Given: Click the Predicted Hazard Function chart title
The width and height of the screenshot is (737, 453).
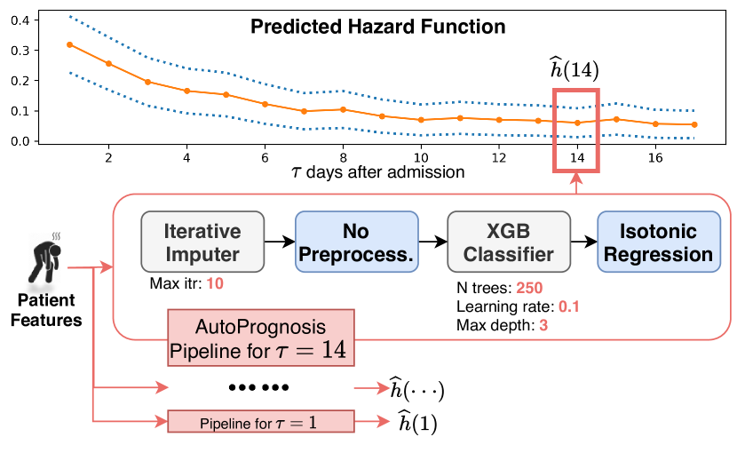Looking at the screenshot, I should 378,28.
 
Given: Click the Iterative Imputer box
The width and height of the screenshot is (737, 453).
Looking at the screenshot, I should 202,242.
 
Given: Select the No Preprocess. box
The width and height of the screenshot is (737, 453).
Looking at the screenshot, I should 355,242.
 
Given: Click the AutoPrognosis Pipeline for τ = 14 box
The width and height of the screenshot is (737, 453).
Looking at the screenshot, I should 261,338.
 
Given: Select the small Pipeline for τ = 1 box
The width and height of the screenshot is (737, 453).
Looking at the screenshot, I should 261,421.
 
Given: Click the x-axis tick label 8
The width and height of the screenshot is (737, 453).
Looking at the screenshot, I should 343,157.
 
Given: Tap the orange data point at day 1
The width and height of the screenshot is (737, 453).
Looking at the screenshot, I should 69,44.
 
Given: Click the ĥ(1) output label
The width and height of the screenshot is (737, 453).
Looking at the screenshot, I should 417,423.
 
